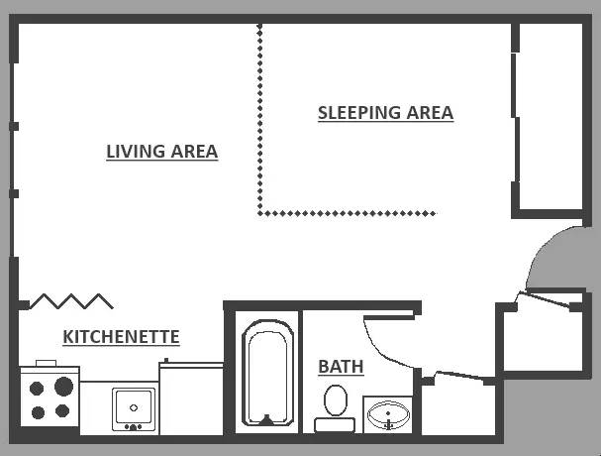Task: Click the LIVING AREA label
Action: coord(162,152)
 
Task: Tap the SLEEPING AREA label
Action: coord(385,113)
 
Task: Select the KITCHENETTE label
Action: coord(121,337)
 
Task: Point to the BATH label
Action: coord(341,367)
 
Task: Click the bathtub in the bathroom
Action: coord(268,373)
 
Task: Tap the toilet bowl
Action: coord(336,399)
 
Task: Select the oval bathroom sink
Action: coord(388,415)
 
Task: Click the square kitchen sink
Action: coord(134,409)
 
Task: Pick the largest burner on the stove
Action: coord(63,387)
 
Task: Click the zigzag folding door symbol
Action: coord(71,301)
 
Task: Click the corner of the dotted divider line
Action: coord(260,213)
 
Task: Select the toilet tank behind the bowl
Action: coord(335,425)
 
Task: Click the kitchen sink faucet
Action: coord(134,426)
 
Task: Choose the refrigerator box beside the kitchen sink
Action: coord(191,399)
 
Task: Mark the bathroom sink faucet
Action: coord(389,422)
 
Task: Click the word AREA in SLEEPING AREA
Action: coord(430,113)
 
